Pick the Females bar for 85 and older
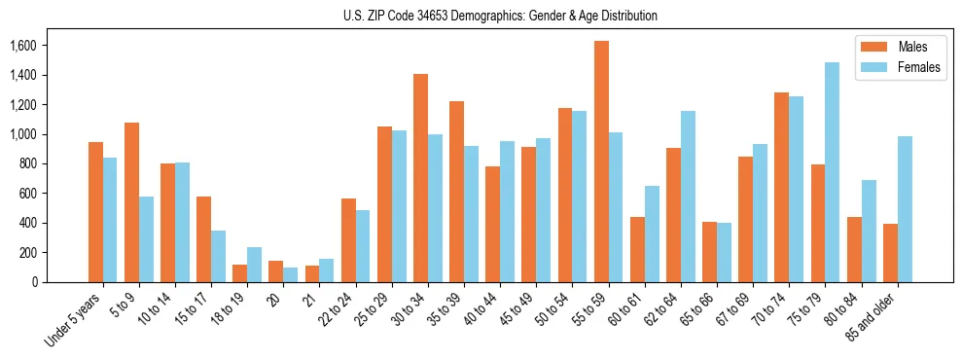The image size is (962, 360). click(905, 209)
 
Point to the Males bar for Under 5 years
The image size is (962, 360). click(95, 212)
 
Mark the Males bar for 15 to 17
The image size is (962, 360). click(203, 239)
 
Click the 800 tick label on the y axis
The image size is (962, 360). click(27, 164)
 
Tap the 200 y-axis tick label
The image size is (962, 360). click(27, 253)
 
